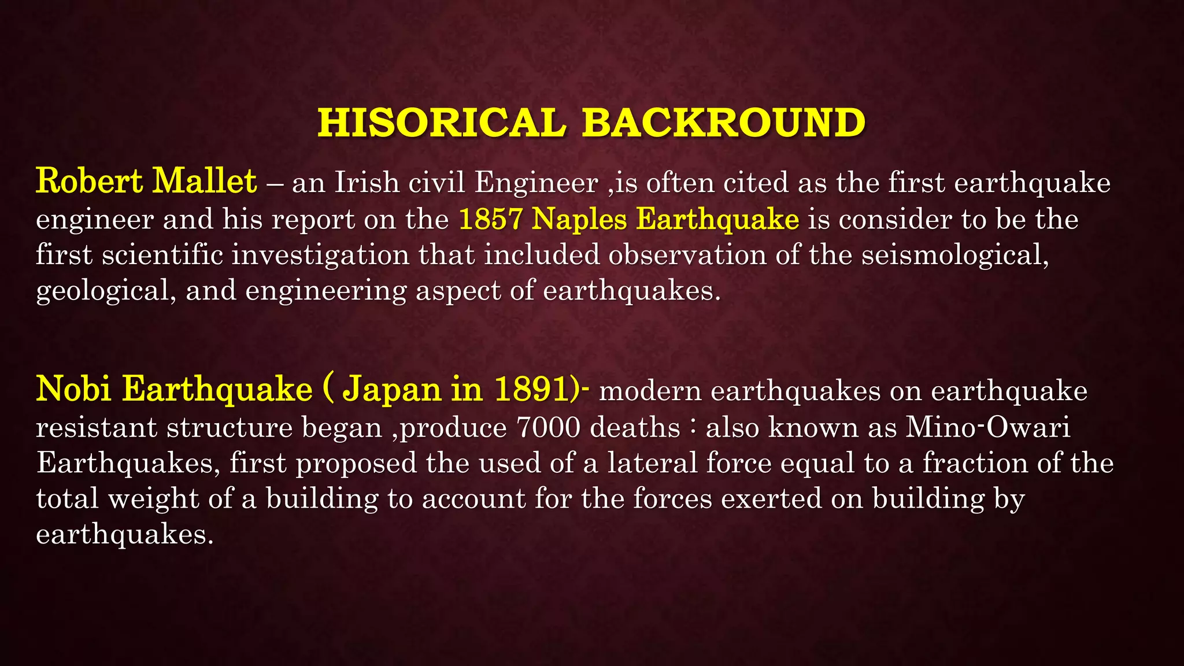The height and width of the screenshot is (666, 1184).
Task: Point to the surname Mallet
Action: [x=205, y=182]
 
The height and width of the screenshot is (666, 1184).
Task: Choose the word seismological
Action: [x=954, y=256]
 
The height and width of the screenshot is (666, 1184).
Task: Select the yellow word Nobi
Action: [x=73, y=388]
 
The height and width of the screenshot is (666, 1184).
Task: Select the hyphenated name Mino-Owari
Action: [x=988, y=428]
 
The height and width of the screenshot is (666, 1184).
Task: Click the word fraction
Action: [x=975, y=463]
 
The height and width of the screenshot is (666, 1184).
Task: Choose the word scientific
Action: [x=162, y=256]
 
